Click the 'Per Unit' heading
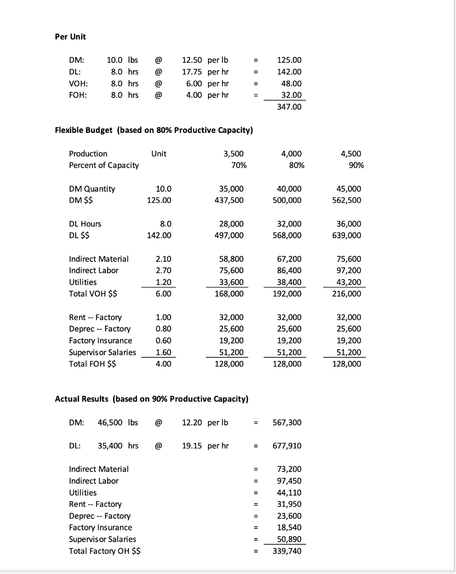pyautogui.click(x=70, y=36)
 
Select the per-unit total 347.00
pyautogui.click(x=289, y=106)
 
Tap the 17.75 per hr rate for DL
pyautogui.click(x=206, y=72)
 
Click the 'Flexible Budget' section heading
pyautogui.click(x=154, y=131)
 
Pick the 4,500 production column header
pyautogui.click(x=351, y=154)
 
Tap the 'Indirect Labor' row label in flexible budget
pyautogui.click(x=94, y=270)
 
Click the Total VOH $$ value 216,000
pyautogui.click(x=347, y=294)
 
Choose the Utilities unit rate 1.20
pyautogui.click(x=163, y=282)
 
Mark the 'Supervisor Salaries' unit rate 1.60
pyautogui.click(x=163, y=352)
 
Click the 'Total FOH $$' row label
pyautogui.click(x=93, y=364)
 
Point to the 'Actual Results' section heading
pyautogui.click(x=151, y=399)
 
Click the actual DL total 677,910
pyautogui.click(x=289, y=446)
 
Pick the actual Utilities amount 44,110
pyautogui.click(x=289, y=493)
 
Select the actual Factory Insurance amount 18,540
pyautogui.click(x=289, y=527)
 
